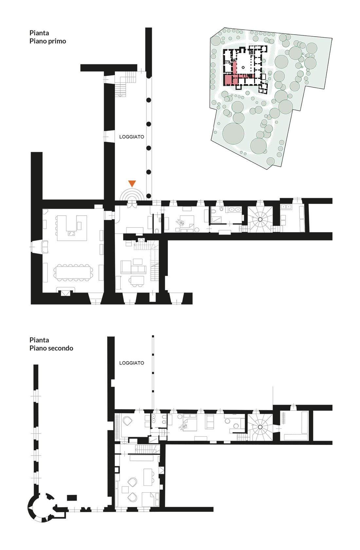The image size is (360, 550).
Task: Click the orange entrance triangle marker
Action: (x=132, y=183)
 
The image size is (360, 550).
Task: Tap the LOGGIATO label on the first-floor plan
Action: (x=132, y=137)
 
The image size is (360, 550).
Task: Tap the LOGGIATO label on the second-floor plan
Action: (x=132, y=363)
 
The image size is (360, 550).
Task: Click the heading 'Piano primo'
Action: (x=48, y=41)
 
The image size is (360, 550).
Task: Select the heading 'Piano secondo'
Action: (x=51, y=348)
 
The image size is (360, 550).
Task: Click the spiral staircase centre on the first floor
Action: (x=260, y=219)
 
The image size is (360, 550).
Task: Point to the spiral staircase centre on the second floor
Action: (x=260, y=427)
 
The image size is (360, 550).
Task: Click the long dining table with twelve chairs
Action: (x=73, y=272)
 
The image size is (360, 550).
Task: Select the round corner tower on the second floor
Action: (x=41, y=507)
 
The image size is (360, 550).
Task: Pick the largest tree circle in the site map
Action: (x=233, y=133)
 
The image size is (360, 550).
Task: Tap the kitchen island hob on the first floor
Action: (x=71, y=234)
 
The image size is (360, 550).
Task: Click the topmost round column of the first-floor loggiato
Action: (x=149, y=100)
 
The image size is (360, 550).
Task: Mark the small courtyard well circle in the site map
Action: (x=243, y=67)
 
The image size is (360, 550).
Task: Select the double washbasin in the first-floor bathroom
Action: (x=235, y=210)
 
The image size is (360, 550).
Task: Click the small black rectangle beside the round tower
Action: (x=72, y=498)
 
